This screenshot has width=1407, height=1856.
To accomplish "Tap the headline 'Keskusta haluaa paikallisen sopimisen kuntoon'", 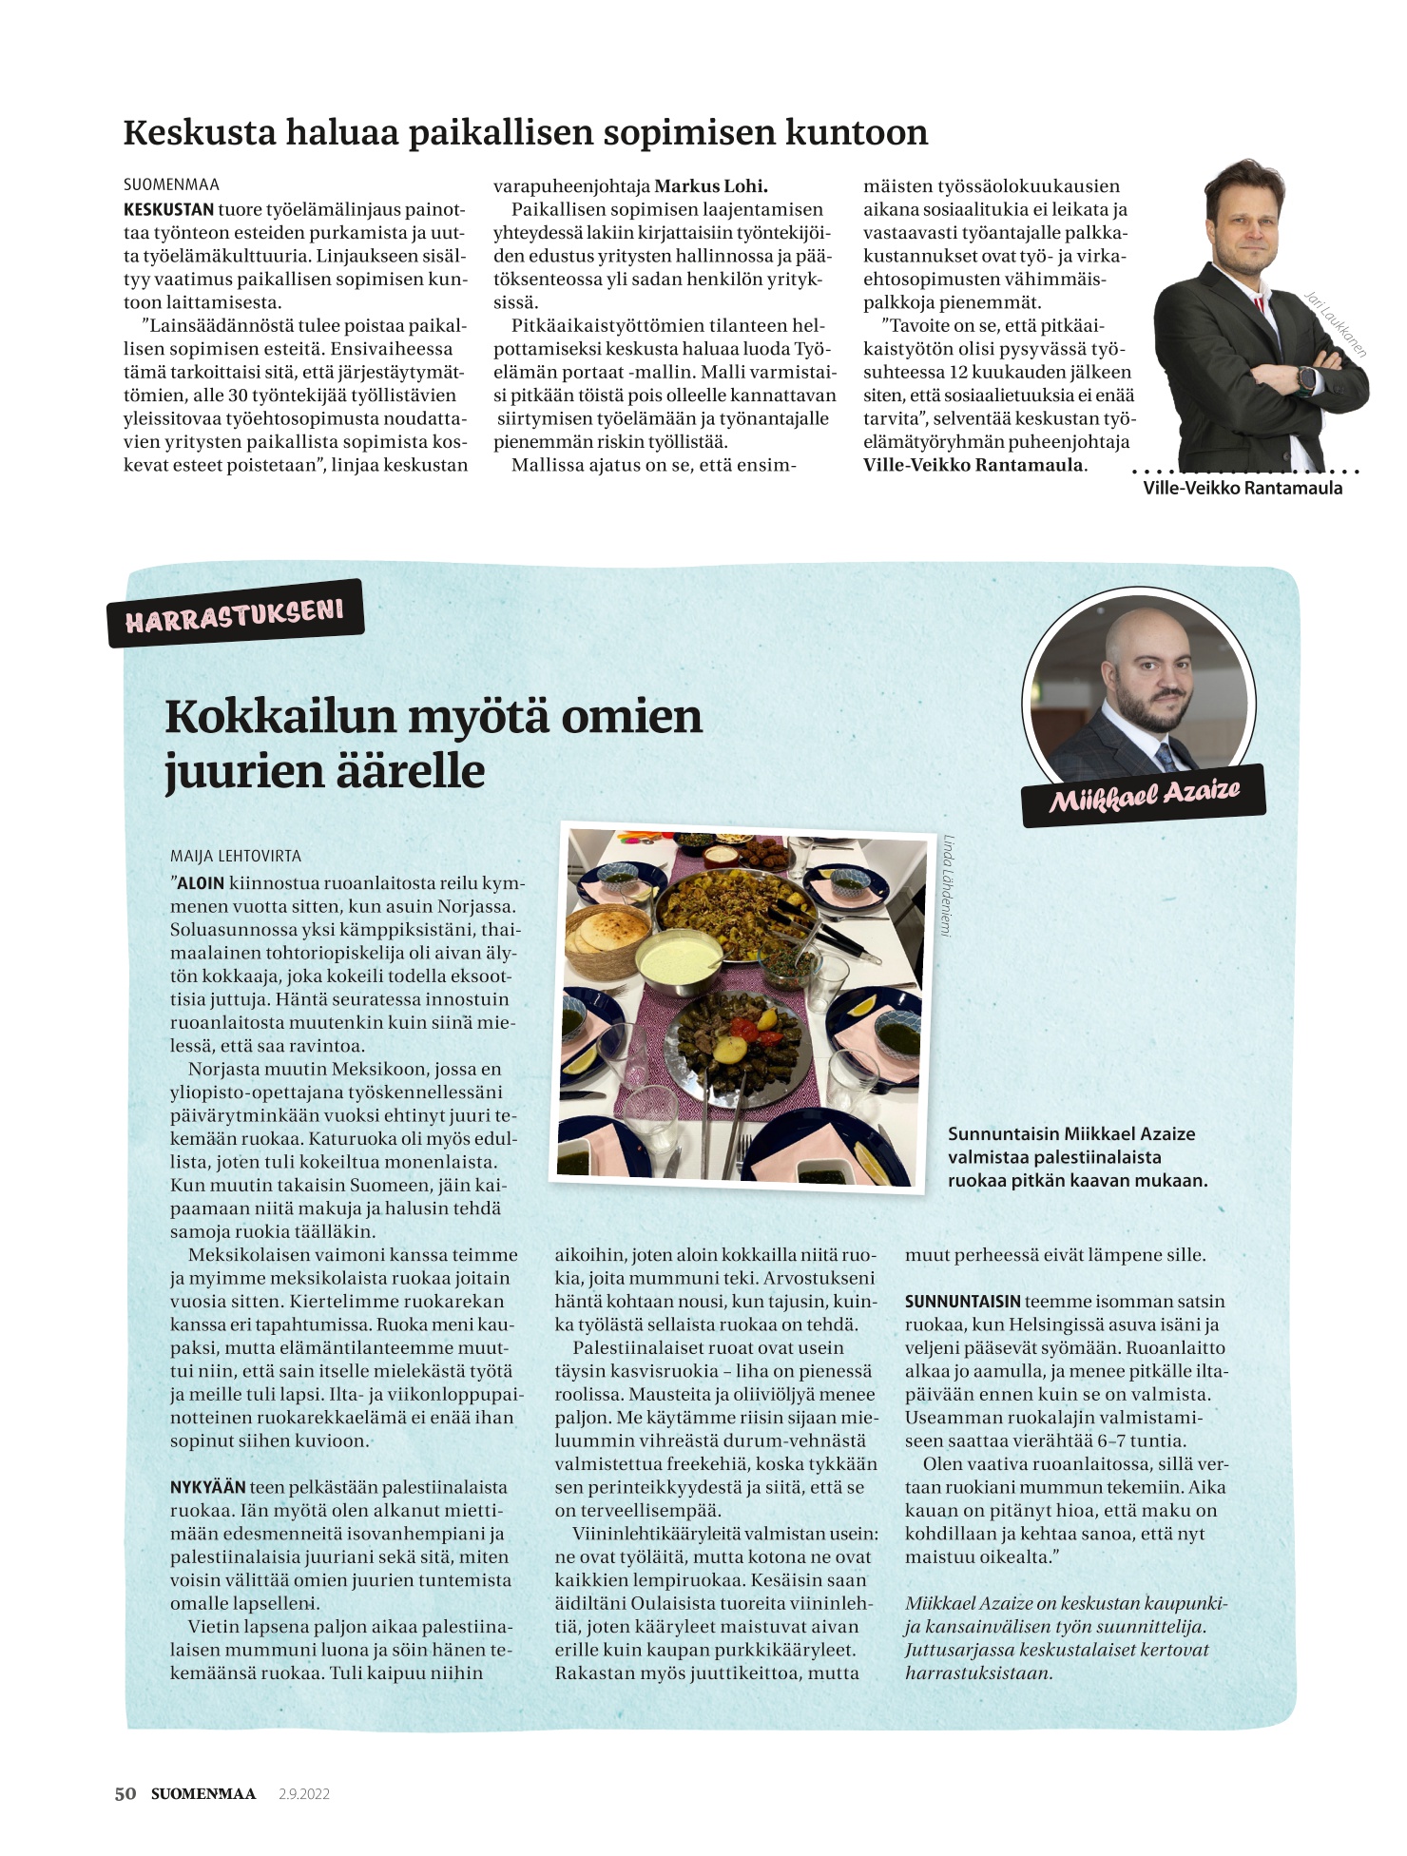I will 525,132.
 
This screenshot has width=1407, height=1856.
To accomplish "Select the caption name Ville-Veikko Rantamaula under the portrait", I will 1243,488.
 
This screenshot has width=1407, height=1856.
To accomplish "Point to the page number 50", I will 125,1793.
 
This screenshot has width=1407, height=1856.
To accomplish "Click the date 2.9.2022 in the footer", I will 303,1794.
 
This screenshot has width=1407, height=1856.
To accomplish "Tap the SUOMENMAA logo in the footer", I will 203,1794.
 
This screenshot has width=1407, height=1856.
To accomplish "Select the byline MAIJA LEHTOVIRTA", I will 236,856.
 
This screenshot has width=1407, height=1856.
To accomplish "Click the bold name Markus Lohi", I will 711,186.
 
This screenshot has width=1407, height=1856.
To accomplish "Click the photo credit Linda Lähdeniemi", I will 947,885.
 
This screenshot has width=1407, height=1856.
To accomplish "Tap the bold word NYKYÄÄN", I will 207,1487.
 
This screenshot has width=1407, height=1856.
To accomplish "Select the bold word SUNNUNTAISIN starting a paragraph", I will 962,1301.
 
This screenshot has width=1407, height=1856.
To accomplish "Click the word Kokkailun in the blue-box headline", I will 279,716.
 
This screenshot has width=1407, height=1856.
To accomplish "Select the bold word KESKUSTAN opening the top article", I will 168,209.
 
